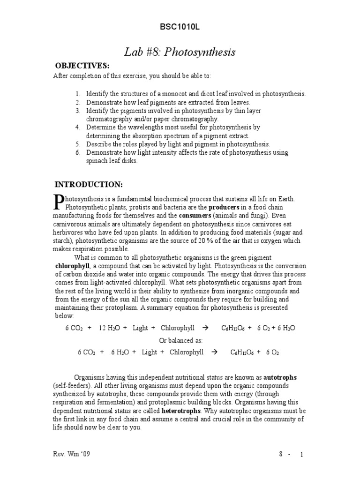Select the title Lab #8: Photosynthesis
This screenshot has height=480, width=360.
[180, 52]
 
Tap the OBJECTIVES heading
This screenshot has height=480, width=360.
[82, 66]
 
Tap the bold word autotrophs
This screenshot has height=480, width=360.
[280, 377]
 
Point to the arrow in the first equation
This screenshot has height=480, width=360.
[205, 328]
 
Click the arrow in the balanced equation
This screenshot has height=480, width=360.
[215, 352]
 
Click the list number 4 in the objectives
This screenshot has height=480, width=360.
[78, 127]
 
